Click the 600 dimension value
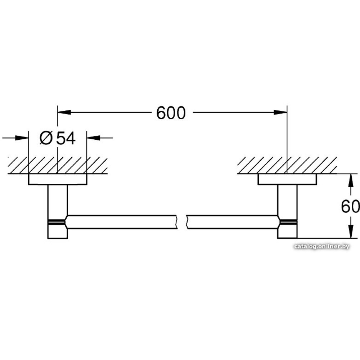pyautogui.click(x=171, y=113)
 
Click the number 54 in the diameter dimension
pyautogui.click(x=66, y=138)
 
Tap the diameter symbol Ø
pyautogui.click(x=46, y=138)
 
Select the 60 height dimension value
pyautogui.click(x=350, y=207)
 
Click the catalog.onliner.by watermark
pyautogui.click(x=321, y=247)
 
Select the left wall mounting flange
pyautogui.click(x=58, y=179)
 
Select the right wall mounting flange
pyautogui.click(x=287, y=179)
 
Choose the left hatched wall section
pyautogui.click(x=58, y=165)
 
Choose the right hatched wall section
pyautogui.click(x=287, y=165)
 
